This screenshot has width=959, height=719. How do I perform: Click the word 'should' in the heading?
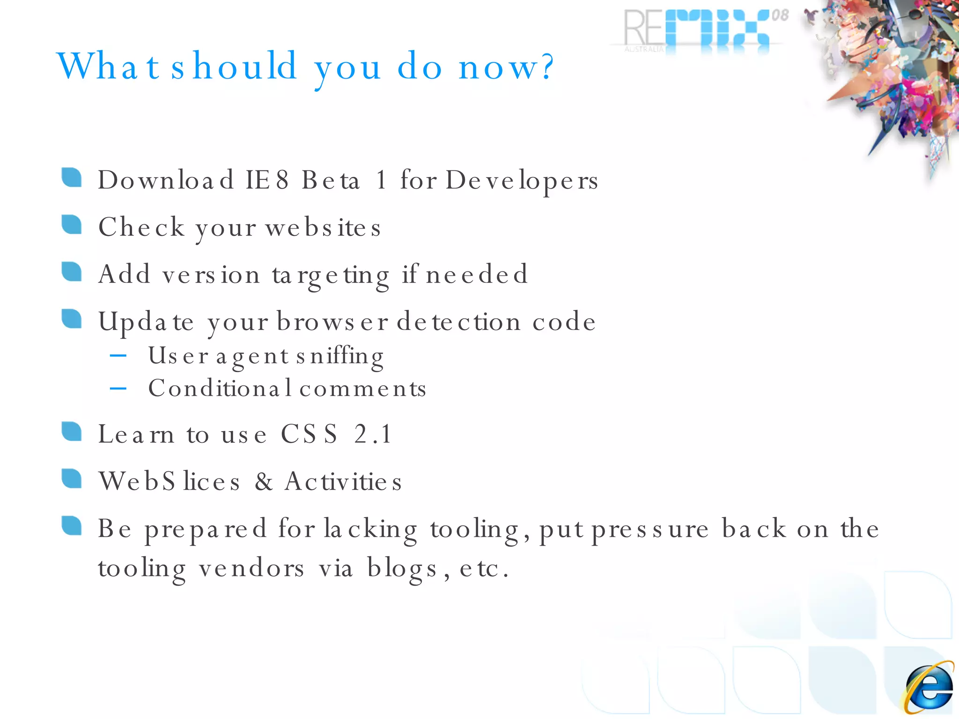pos(234,66)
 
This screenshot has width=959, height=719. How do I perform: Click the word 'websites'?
pos(323,228)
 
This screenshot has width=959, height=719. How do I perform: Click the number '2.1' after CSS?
pos(373,434)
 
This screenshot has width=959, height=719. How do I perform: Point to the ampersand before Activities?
pos(264,482)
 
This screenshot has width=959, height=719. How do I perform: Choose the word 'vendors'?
pos(251,569)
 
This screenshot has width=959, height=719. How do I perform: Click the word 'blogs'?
pos(402,569)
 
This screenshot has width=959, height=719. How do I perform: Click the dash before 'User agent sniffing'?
pos(118,356)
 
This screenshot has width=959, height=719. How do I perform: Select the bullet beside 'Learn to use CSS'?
pos(72,432)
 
